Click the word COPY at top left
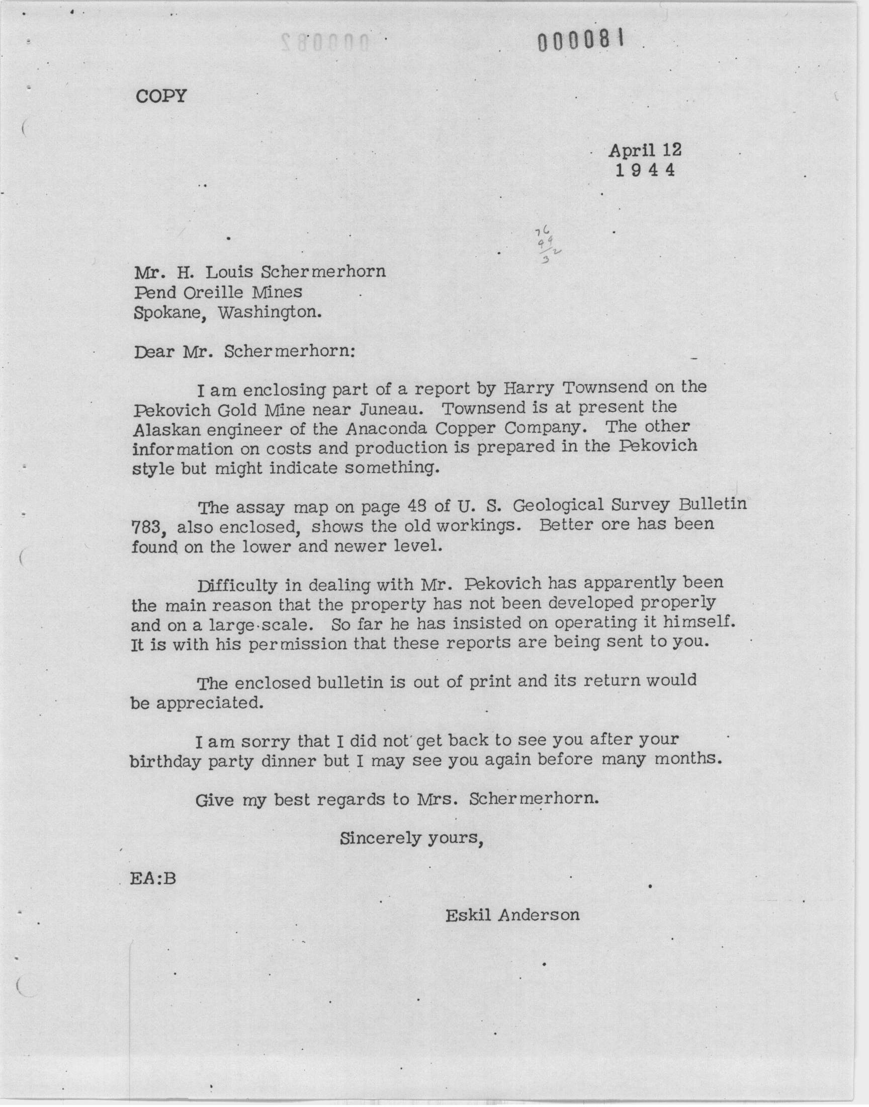(x=161, y=96)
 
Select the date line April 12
(x=645, y=150)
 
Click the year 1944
(x=645, y=170)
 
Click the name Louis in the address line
(x=228, y=272)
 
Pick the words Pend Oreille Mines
(x=218, y=292)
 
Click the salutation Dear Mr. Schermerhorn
(x=244, y=352)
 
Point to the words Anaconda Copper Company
(x=463, y=428)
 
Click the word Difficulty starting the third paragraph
(x=236, y=585)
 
